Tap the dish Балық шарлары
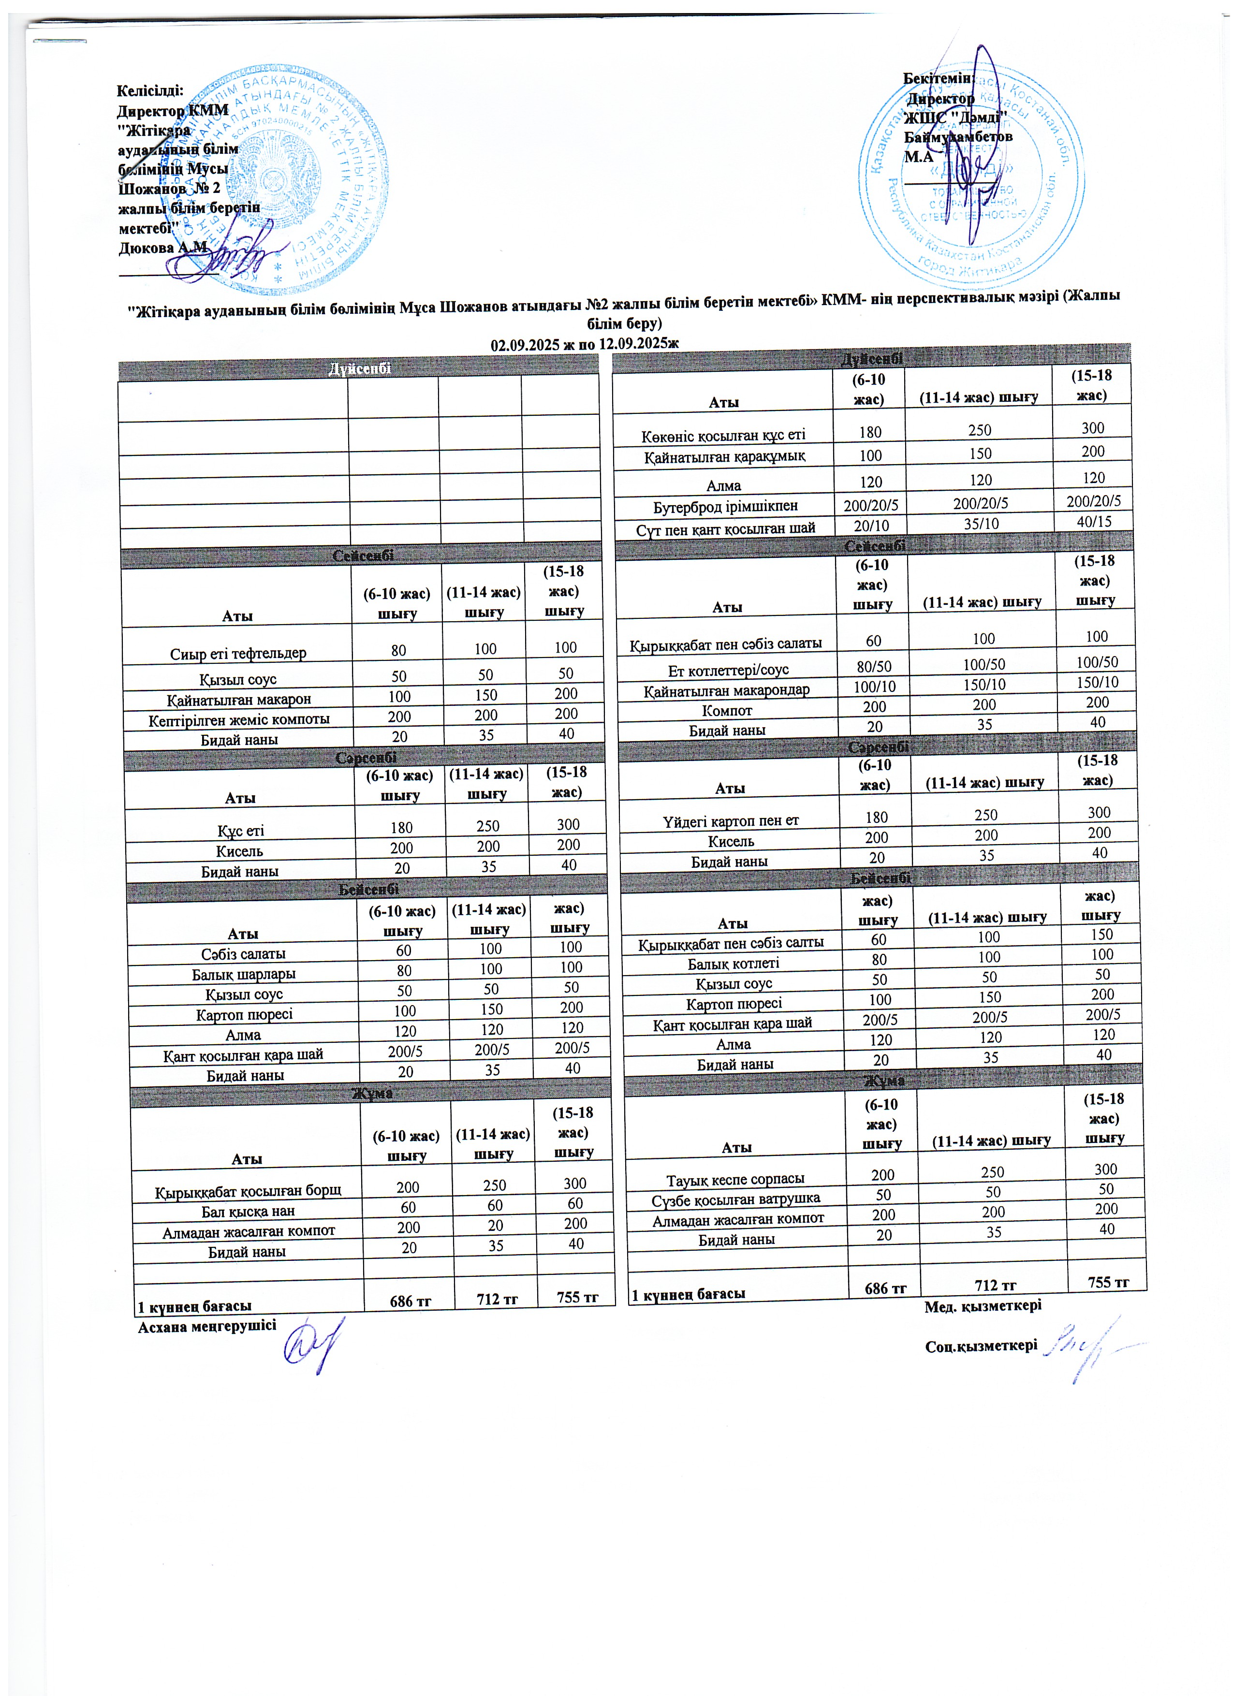pos(243,974)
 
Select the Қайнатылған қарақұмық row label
pos(724,455)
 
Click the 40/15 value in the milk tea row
pos(1093,521)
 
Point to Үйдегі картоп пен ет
pos(730,821)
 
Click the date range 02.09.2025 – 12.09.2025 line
pos(584,343)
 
